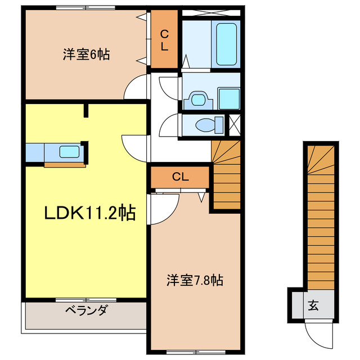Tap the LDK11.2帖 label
point(90,213)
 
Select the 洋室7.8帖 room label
point(194,280)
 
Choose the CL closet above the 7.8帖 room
point(180,177)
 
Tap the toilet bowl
point(202,124)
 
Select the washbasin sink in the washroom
point(197,100)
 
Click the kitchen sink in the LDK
point(69,151)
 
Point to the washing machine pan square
point(229,99)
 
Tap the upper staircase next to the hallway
point(226,174)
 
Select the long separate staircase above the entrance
point(322,214)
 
